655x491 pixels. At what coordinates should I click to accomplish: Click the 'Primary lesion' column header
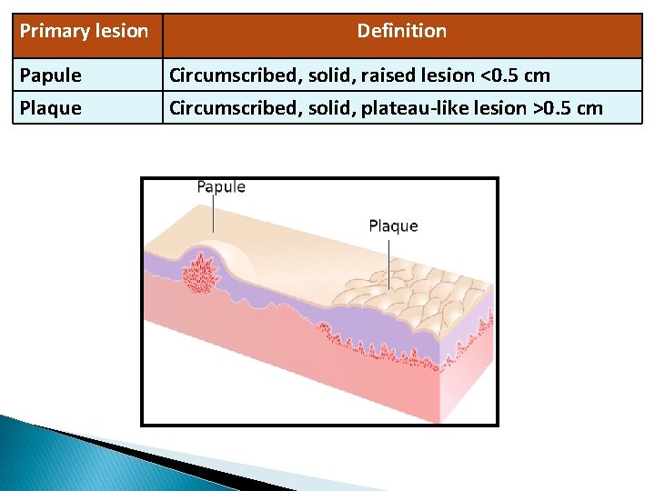tap(84, 31)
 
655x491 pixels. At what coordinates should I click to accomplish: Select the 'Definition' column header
tap(401, 31)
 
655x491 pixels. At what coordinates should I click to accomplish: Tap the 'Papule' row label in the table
tap(50, 75)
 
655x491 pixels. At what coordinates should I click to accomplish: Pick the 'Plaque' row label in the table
tap(50, 108)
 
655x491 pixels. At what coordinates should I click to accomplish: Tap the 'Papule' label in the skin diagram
tap(221, 187)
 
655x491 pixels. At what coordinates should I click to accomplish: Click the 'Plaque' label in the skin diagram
tap(393, 226)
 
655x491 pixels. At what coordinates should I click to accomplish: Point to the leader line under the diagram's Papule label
tap(215, 215)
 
